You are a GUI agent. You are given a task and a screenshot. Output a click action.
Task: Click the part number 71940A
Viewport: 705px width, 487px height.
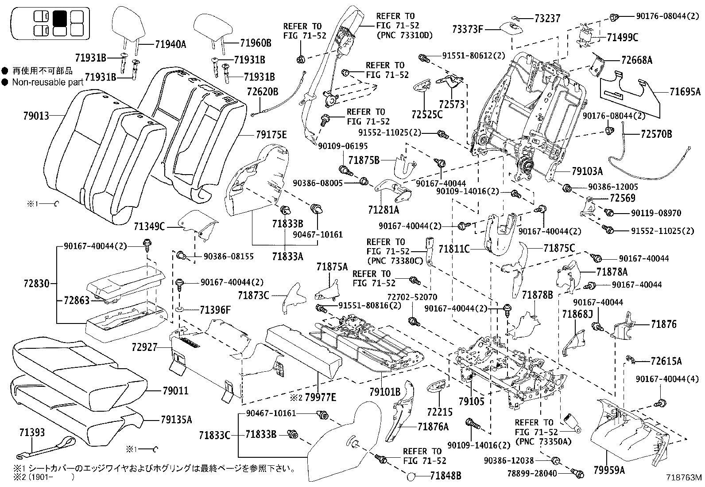[170, 44]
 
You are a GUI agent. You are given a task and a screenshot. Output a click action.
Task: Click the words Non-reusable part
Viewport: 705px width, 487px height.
[47, 82]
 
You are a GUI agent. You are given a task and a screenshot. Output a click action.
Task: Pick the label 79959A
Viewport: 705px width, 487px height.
[609, 469]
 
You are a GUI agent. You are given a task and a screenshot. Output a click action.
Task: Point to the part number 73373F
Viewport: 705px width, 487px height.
[467, 29]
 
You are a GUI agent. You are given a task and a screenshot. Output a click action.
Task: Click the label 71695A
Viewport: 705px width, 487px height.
[685, 92]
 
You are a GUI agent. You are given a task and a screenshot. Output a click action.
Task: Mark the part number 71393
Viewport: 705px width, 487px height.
[32, 432]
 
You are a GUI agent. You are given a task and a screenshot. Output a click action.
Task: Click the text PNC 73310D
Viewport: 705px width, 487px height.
[404, 35]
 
